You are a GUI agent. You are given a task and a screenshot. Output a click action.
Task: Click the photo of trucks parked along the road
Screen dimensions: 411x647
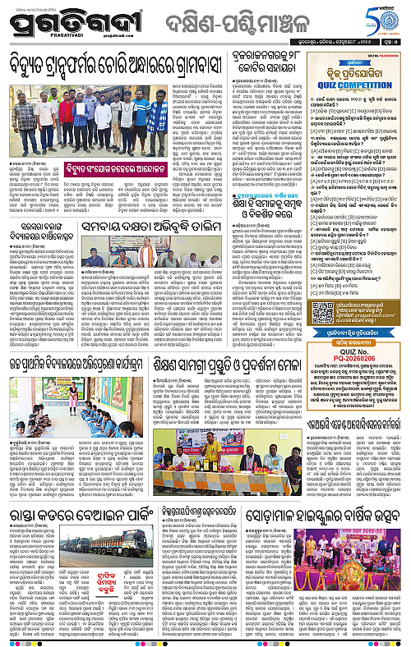[x=104, y=544]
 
